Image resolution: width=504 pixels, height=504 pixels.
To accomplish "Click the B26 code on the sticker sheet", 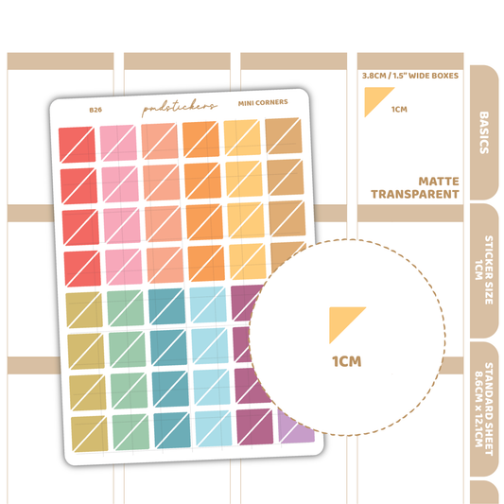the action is point(96,110).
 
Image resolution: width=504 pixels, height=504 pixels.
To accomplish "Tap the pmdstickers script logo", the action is point(180,108).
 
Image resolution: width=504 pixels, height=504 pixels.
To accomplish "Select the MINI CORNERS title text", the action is point(263,102).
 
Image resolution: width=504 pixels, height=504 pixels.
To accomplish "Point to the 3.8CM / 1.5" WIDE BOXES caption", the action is point(410,76).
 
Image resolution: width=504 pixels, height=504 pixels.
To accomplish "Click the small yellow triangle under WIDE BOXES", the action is point(375,98).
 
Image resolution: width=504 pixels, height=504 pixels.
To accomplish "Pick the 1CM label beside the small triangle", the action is point(399,110).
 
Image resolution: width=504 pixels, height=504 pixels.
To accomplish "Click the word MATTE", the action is point(439,182).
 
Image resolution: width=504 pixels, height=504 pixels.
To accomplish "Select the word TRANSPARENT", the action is point(415,195).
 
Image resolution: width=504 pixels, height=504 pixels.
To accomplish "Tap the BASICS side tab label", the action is point(484,132).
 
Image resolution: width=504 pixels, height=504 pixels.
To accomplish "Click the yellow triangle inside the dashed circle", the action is point(342,321).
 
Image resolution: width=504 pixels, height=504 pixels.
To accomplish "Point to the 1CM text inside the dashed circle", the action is point(347,361).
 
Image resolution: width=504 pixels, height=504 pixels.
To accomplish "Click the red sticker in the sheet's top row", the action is point(77,145).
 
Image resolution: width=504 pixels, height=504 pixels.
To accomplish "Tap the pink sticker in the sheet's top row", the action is point(118,143).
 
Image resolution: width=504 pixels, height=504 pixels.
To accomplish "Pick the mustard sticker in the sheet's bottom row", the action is point(90,434).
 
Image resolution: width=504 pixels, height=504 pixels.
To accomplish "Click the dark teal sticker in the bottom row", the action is point(172,430).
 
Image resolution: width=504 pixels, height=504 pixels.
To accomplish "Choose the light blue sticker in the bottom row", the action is point(214,428).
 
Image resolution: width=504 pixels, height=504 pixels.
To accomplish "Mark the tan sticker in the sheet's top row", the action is point(284,136).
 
